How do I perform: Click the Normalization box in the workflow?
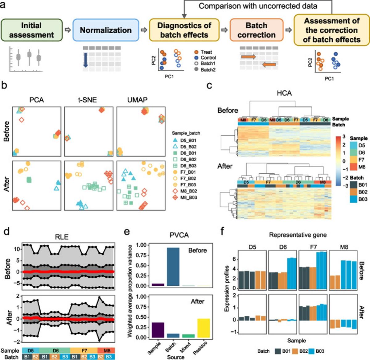(x=106, y=30)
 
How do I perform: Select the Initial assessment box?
(x=31, y=30)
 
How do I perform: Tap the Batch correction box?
(x=256, y=30)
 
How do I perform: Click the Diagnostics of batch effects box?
(x=184, y=30)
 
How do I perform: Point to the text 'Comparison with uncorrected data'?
(x=258, y=6)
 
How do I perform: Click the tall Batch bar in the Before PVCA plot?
(x=173, y=267)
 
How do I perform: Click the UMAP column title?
(x=138, y=100)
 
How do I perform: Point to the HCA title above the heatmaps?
(x=284, y=93)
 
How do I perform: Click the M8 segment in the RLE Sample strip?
(x=107, y=350)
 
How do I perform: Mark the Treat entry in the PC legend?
(x=196, y=52)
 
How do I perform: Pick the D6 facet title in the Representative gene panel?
(x=282, y=246)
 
